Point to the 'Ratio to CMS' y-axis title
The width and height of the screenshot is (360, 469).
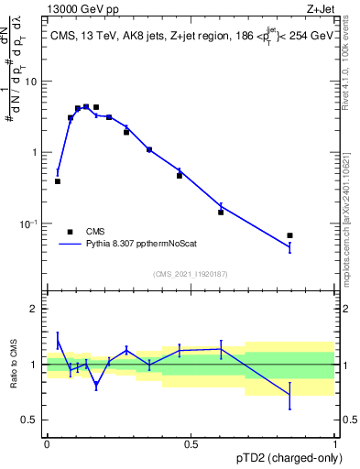(x=13, y=365)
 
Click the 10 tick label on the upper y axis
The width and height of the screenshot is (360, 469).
(x=31, y=82)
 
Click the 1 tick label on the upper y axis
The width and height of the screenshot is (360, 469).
(x=34, y=152)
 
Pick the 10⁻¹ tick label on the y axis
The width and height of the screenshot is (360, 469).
(x=28, y=224)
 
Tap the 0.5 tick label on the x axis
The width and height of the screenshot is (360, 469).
(x=191, y=444)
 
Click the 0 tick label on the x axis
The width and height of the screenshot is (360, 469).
(x=47, y=444)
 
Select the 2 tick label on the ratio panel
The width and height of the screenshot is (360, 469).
(x=34, y=309)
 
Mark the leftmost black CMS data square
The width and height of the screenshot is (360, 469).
(x=58, y=181)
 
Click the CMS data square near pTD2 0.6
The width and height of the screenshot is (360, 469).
(x=221, y=212)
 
